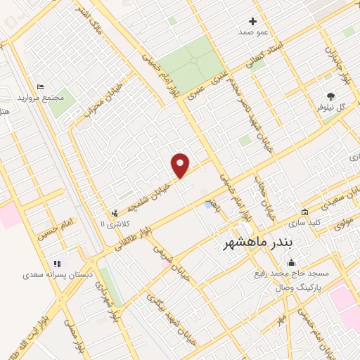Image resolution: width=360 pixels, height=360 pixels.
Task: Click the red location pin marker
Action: (181, 165)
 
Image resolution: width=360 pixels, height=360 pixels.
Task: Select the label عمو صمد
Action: (253, 32)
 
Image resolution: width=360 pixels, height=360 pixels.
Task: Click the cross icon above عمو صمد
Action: (253, 21)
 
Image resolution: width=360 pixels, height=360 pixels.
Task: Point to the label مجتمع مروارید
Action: (58, 97)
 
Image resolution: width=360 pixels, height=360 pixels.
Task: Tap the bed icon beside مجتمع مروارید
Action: (40, 86)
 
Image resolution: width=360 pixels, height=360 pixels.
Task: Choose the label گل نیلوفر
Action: (332, 108)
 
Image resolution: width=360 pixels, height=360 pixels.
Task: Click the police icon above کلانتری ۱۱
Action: (114, 212)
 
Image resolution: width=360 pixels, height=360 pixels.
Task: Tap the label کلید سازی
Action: (304, 223)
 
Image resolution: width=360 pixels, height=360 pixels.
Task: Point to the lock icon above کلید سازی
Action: (304, 212)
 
